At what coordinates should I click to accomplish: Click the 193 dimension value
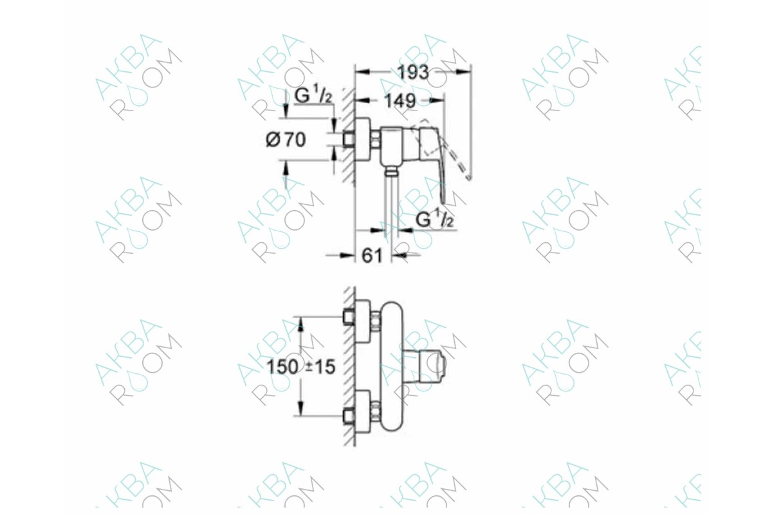(413, 73)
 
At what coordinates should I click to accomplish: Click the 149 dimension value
(400, 100)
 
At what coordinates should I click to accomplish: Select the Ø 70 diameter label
(286, 140)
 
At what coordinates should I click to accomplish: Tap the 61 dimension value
(372, 256)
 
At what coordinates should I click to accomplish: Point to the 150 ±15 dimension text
(301, 367)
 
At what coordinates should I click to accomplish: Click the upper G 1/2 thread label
(313, 95)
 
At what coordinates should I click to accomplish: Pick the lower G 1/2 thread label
(434, 219)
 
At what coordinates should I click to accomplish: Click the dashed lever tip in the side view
(468, 177)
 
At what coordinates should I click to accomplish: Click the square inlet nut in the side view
(349, 140)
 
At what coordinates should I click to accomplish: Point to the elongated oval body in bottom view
(392, 366)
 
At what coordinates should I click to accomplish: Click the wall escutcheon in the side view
(363, 140)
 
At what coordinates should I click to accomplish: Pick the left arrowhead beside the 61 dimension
(347, 255)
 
